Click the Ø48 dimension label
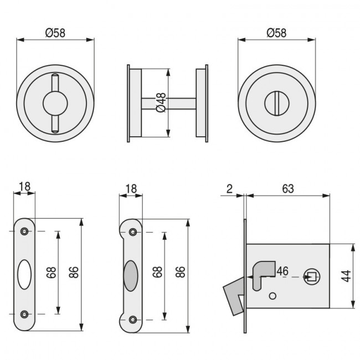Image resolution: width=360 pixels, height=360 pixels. point(161,102)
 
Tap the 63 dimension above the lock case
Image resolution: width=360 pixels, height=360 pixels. point(287,188)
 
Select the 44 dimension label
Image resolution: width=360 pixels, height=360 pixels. point(345,275)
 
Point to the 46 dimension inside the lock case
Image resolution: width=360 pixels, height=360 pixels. point(282,271)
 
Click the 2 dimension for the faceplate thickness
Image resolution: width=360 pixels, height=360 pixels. point(230,188)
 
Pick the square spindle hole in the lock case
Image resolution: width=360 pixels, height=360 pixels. point(311,276)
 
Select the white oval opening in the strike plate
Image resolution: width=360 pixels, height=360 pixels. point(24,274)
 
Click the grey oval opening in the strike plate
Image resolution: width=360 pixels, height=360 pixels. point(130,274)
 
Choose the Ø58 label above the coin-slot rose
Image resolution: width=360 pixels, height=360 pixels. point(276,33)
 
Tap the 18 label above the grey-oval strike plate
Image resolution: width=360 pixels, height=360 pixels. point(131,188)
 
